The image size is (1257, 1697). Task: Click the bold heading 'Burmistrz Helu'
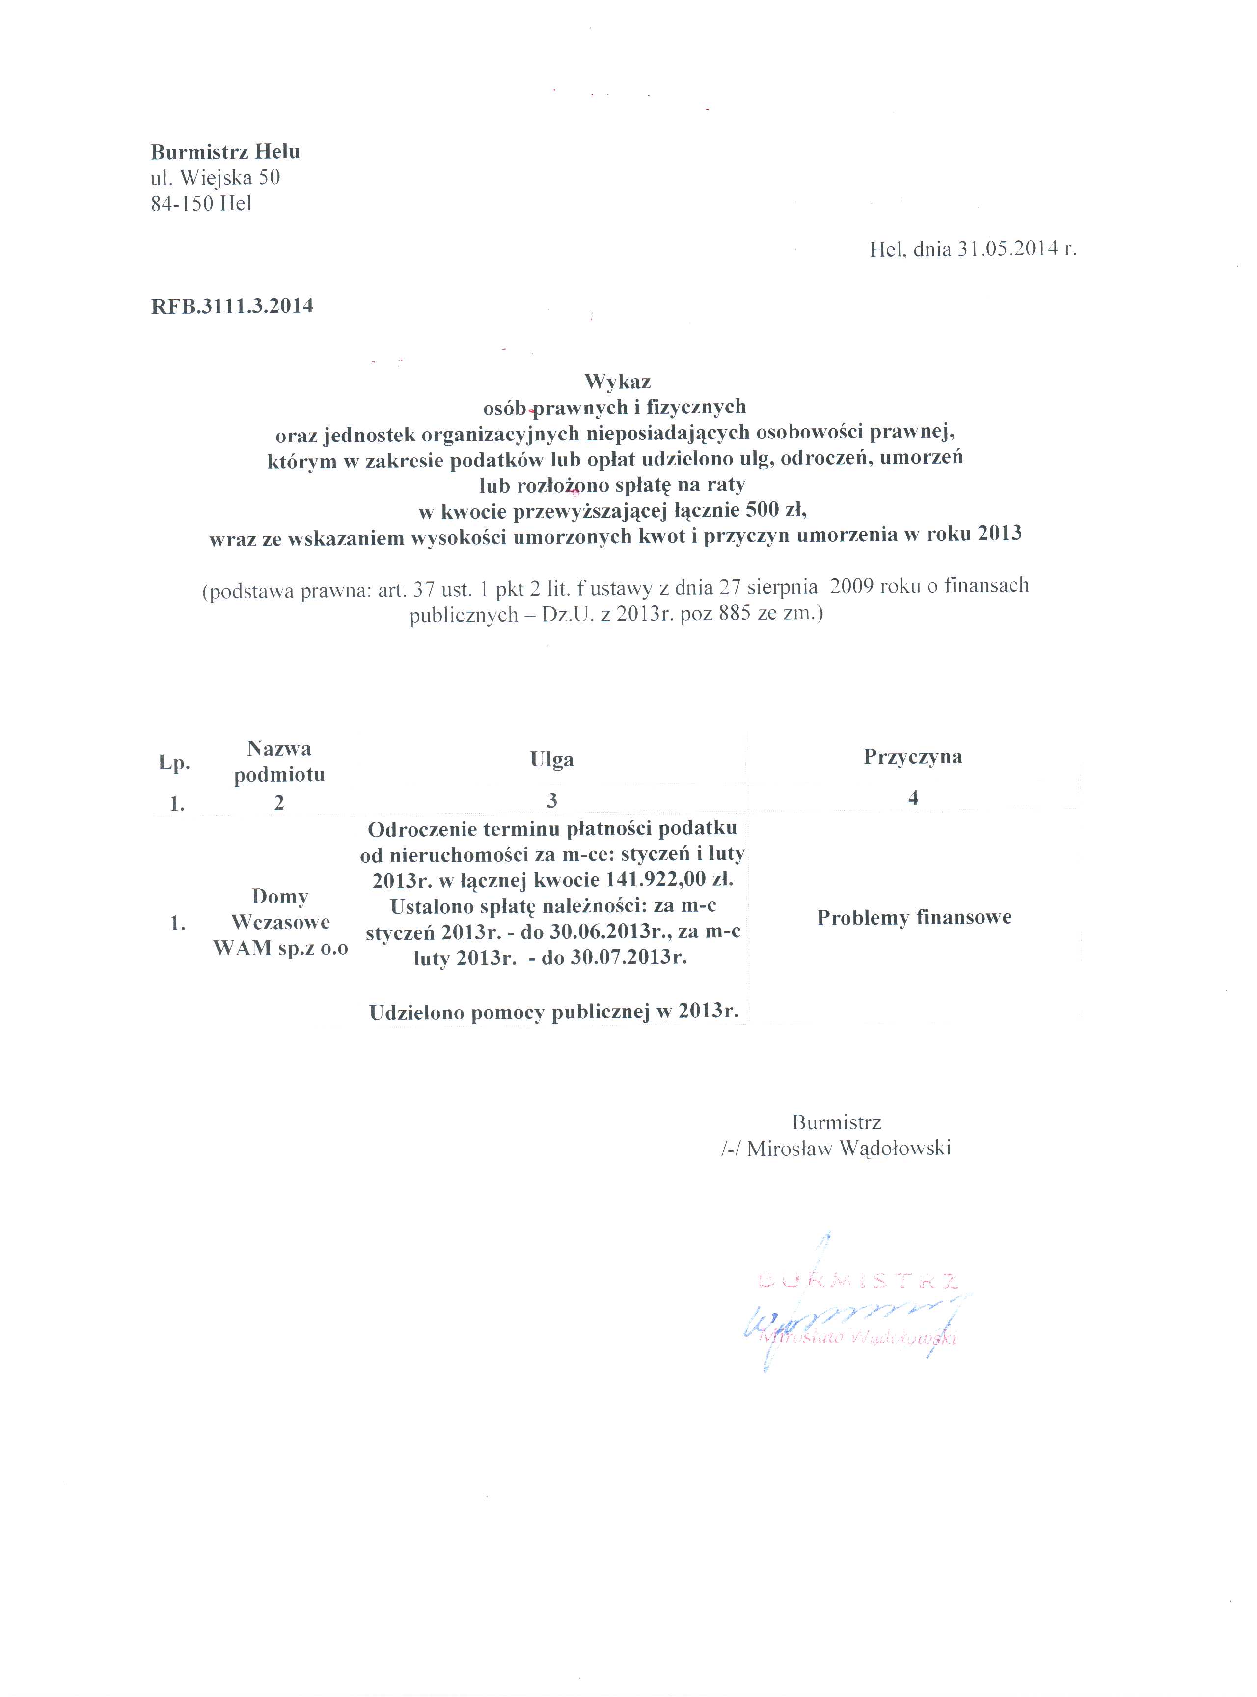(225, 152)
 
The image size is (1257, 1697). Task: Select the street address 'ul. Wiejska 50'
(216, 178)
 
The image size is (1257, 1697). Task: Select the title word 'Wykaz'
(617, 381)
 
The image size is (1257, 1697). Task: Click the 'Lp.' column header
(174, 763)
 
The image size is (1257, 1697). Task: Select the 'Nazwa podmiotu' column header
(279, 762)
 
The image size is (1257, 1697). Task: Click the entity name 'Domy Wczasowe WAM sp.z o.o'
(280, 922)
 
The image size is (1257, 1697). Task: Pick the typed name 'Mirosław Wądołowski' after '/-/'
(848, 1149)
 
